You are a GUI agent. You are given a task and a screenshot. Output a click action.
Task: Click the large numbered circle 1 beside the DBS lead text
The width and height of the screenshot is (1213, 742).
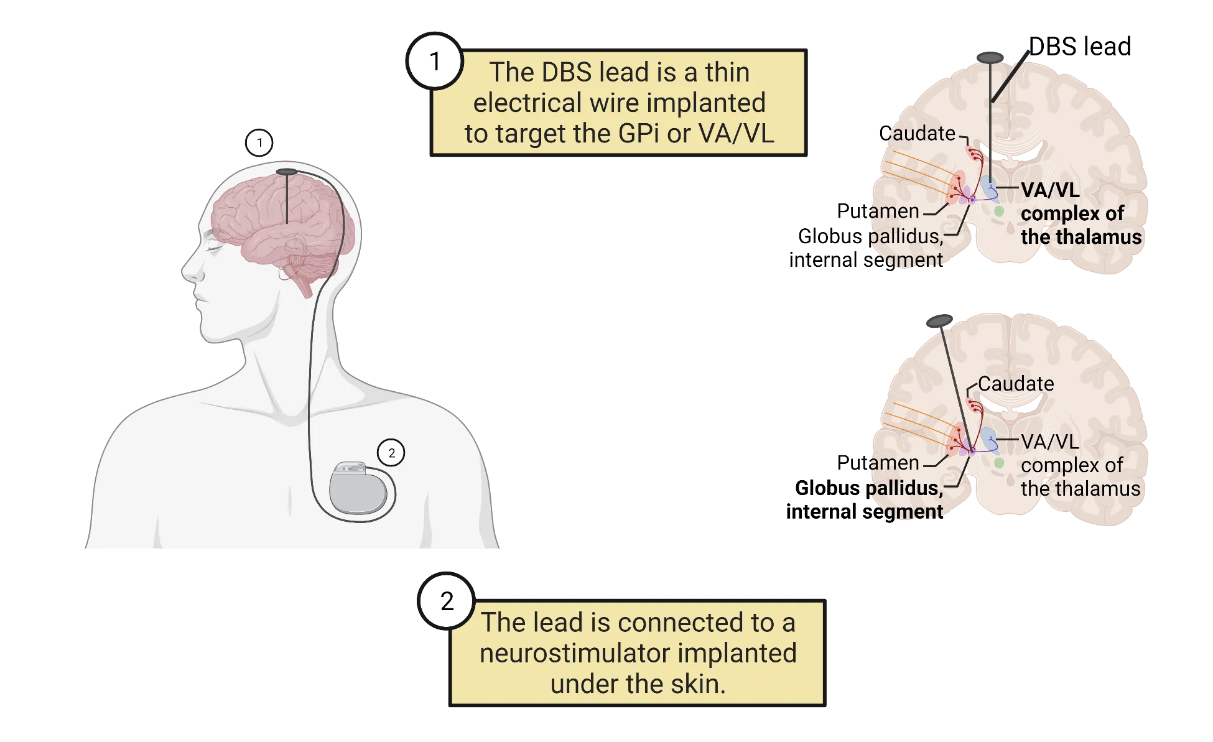pyautogui.click(x=435, y=62)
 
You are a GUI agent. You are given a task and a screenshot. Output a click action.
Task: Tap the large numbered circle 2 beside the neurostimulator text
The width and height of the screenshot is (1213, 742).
pyautogui.click(x=447, y=601)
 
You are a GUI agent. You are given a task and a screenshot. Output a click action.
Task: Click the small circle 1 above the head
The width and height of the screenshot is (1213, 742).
pyautogui.click(x=259, y=143)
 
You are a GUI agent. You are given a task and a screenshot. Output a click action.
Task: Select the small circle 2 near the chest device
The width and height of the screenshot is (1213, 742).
pyautogui.click(x=391, y=453)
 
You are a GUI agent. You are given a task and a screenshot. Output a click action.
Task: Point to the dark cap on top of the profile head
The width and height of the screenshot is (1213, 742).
pyautogui.click(x=287, y=171)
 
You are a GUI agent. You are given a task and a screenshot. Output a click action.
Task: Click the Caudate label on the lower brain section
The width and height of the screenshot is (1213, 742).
pyautogui.click(x=1016, y=384)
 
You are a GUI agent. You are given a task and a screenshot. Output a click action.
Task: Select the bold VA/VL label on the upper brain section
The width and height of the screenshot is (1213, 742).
pyautogui.click(x=1050, y=190)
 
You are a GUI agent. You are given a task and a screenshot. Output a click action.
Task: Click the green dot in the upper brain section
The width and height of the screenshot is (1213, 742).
pyautogui.click(x=999, y=211)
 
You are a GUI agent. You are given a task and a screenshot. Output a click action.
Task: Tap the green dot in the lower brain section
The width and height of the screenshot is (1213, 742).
pyautogui.click(x=999, y=463)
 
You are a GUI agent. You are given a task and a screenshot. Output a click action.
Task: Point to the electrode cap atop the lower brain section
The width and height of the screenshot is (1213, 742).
pyautogui.click(x=940, y=320)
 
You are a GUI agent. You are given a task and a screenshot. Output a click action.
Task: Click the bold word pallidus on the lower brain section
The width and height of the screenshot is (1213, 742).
pyautogui.click(x=907, y=488)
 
